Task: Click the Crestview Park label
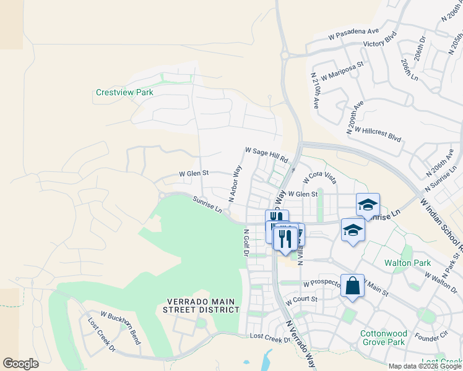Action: pos(124,92)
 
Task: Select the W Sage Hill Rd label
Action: pos(267,155)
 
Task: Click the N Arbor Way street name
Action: pos(235,183)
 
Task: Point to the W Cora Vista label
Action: pos(319,177)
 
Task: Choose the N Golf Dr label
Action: pos(246,242)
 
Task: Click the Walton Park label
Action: pos(407,263)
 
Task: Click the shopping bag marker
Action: pos(352,286)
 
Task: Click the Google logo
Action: pos(21,363)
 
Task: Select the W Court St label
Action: pos(301,301)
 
